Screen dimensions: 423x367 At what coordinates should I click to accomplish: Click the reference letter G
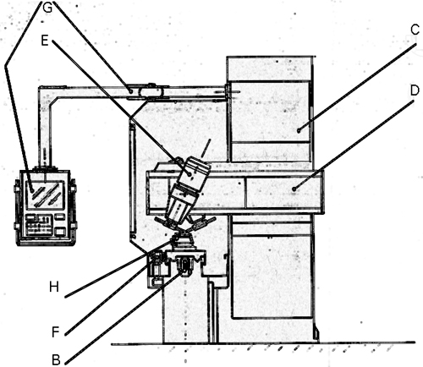[47, 8]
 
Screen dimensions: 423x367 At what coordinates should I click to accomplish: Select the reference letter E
[45, 41]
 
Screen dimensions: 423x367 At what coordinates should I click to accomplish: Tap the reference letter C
[415, 30]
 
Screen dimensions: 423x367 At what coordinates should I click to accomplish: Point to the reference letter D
[415, 90]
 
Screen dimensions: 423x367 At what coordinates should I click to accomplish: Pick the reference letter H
[54, 287]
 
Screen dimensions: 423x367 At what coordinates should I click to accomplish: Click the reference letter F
[56, 331]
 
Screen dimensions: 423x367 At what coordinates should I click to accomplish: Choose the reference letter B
[56, 360]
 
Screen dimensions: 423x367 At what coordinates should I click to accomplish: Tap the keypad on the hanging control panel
[39, 225]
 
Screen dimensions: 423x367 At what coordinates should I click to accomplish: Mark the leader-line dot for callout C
[299, 130]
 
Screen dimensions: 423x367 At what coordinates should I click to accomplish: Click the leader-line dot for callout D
[294, 189]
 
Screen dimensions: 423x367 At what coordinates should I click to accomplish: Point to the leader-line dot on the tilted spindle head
[189, 174]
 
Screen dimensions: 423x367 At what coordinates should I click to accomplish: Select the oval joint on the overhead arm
[151, 91]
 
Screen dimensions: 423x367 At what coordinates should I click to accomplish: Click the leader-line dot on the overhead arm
[130, 91]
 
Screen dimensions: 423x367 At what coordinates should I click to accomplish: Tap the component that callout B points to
[184, 266]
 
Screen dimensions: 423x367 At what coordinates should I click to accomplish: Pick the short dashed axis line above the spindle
[206, 147]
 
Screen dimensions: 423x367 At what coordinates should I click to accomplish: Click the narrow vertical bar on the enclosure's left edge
[131, 179]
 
